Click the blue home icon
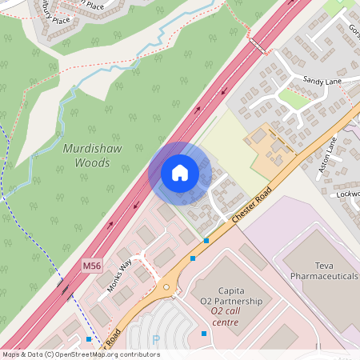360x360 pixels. [180, 173]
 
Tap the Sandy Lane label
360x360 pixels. [322, 81]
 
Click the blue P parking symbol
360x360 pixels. [156, 340]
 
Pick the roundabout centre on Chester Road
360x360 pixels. [167, 286]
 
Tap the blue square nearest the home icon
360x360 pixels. [206, 240]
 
